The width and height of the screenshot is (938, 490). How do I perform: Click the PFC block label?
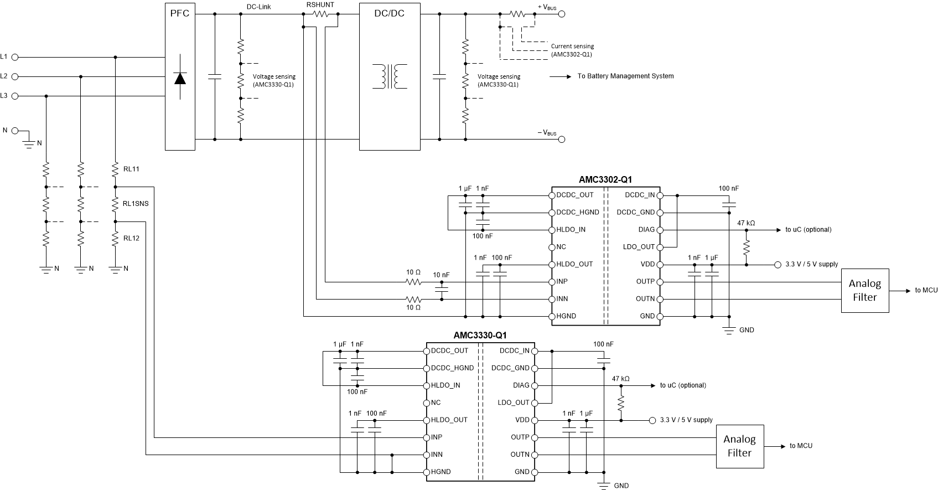[180, 13]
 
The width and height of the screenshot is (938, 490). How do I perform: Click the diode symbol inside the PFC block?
[180, 78]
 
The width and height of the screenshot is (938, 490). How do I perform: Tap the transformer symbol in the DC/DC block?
[390, 76]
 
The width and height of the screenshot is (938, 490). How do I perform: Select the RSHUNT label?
[320, 4]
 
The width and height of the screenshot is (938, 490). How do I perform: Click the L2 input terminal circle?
[15, 76]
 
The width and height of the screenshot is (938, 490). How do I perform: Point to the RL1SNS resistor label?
[136, 204]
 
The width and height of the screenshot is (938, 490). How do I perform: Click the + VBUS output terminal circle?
[562, 15]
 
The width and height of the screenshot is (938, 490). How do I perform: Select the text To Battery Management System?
[625, 76]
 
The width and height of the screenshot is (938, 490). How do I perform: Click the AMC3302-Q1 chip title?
[605, 179]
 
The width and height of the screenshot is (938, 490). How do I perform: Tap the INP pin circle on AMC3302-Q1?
[552, 282]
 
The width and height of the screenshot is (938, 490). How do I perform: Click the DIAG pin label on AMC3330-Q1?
[521, 385]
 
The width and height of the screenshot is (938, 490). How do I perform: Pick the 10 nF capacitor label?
[441, 275]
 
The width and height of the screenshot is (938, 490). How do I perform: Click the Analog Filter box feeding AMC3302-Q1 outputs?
[864, 291]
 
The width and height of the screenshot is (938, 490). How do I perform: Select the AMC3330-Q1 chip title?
[480, 335]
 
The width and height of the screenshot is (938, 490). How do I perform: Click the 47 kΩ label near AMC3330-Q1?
[620, 379]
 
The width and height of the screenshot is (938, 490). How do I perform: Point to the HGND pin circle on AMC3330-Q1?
[427, 472]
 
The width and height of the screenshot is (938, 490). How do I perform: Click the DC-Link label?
[258, 7]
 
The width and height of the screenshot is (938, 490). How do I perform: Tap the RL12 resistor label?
[131, 238]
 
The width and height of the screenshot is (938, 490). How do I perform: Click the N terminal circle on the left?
[15, 131]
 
